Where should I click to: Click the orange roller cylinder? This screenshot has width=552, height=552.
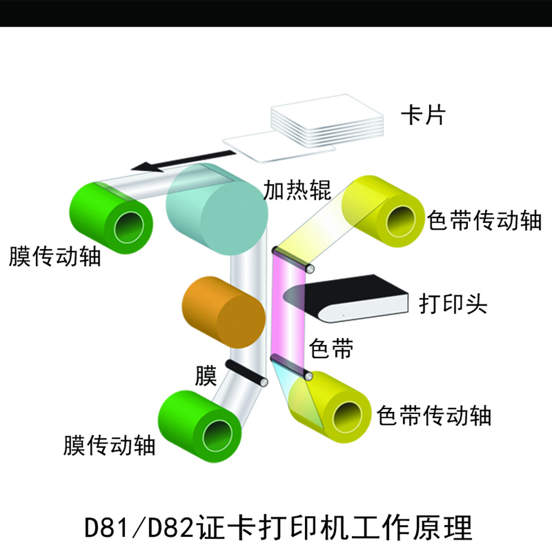pos(224,312)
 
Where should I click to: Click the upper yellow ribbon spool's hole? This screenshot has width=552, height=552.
pos(400,222)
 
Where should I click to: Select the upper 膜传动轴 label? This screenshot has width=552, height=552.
pos(55,256)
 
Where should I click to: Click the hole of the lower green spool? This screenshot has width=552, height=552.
pos(218,437)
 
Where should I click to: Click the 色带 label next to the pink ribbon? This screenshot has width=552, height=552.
pos(331,348)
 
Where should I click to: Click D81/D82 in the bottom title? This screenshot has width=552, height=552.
pos(138,528)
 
